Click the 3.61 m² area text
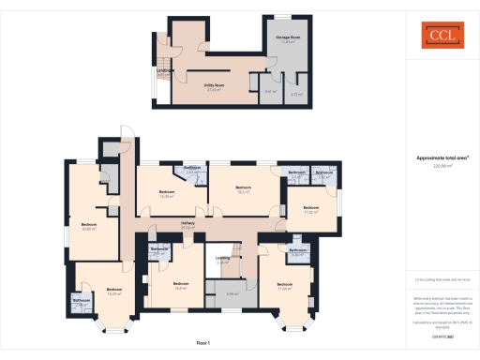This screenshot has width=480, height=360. click(x=269, y=93)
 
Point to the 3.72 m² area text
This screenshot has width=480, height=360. click(x=296, y=94)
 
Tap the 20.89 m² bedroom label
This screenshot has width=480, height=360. click(x=90, y=227)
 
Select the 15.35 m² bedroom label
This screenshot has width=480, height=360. click(x=167, y=194)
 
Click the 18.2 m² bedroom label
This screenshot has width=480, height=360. click(x=244, y=190)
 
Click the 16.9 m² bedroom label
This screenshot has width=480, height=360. click(x=181, y=285)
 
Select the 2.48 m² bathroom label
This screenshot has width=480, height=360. click(x=81, y=302)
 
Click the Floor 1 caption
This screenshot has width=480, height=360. click(x=202, y=344)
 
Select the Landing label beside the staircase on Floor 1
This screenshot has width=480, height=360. click(x=223, y=260)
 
